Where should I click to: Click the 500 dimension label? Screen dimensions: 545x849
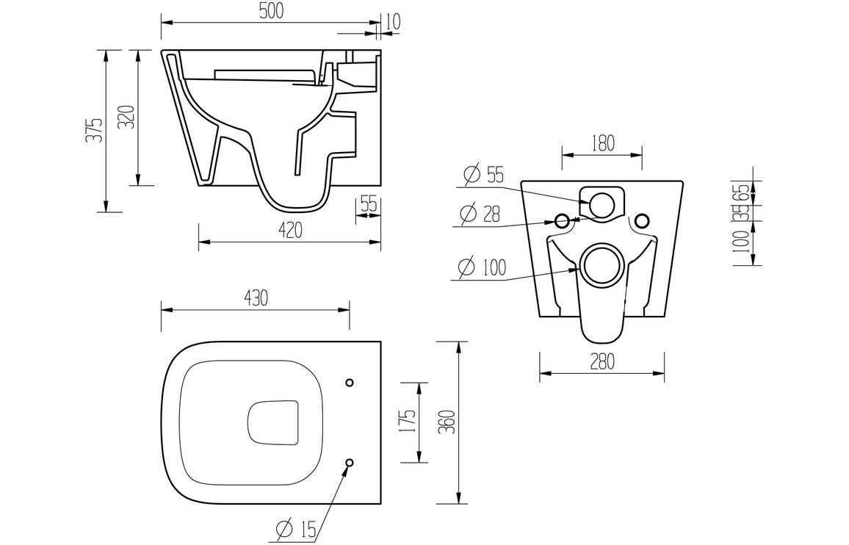(x=270, y=11)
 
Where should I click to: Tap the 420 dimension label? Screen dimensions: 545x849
(x=290, y=231)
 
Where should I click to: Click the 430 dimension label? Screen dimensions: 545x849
(x=255, y=298)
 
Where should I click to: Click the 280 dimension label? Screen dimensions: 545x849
(x=601, y=362)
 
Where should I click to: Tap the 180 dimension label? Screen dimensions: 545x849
(x=601, y=142)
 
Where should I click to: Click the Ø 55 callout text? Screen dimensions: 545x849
(x=484, y=175)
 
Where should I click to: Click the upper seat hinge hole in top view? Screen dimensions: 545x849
(x=349, y=383)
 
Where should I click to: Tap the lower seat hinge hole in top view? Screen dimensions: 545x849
(x=349, y=463)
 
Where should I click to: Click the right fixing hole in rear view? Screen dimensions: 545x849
(x=642, y=220)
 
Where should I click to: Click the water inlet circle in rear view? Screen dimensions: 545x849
(x=601, y=205)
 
